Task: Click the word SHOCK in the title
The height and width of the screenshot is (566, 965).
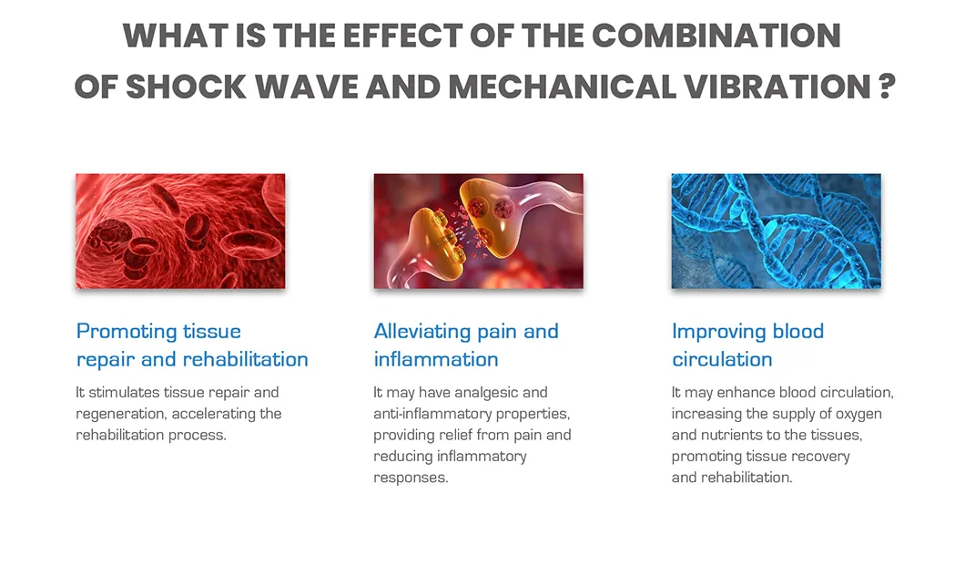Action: point(186,87)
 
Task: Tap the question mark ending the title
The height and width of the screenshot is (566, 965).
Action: point(887,87)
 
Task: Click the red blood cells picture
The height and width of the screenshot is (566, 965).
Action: point(180,231)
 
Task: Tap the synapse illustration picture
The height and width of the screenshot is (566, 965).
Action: point(478,231)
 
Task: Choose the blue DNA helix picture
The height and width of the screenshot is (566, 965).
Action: point(776,231)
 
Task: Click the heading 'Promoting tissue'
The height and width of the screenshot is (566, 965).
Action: point(158,332)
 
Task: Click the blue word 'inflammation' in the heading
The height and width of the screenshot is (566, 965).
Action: point(436,359)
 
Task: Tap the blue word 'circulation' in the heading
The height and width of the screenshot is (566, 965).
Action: point(722,359)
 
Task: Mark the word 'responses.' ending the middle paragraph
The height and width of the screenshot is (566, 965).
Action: point(411,478)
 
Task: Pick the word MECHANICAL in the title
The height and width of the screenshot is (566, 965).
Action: point(563,87)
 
